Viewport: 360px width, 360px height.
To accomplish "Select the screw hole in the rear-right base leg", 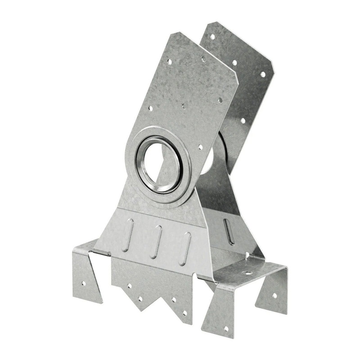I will click(x=274, y=296).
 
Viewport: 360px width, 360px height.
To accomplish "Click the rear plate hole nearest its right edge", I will click(x=262, y=74).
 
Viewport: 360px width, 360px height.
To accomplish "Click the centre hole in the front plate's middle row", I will click(x=184, y=106).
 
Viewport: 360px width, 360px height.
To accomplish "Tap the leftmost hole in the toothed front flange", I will click(x=129, y=285).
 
